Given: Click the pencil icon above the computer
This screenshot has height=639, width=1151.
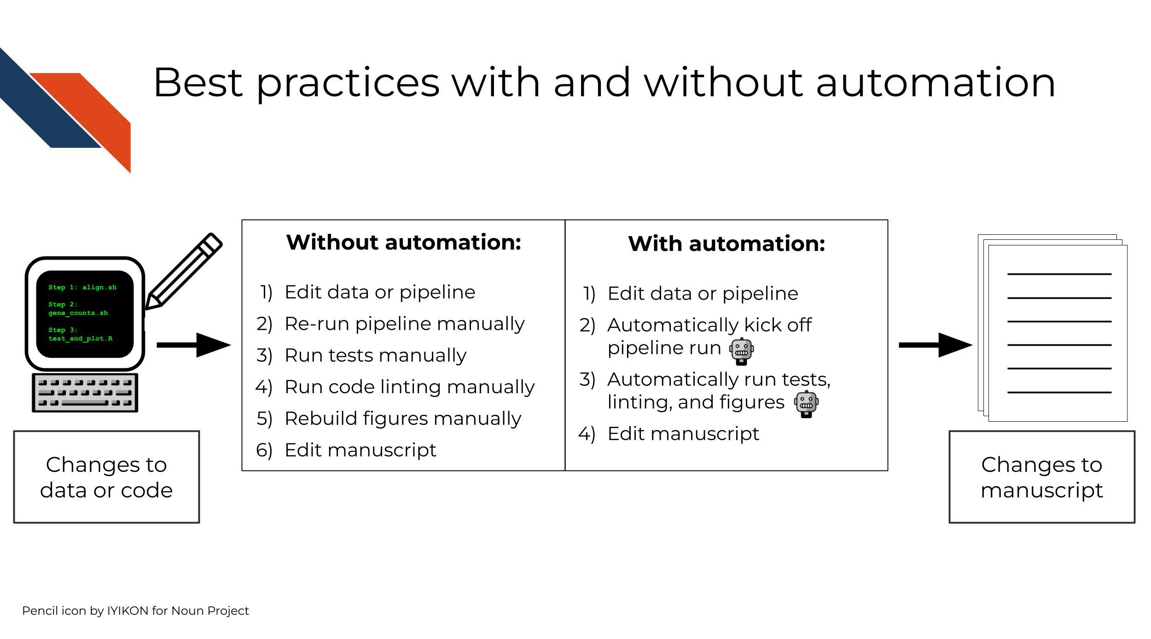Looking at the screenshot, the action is (x=184, y=271).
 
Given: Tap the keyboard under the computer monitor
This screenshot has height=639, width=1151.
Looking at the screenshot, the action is (x=85, y=393).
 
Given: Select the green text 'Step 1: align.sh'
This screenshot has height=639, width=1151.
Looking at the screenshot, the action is (x=82, y=287).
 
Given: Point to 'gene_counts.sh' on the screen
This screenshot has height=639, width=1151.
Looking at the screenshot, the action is (x=78, y=313).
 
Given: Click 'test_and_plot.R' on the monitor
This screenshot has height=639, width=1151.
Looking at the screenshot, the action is (x=81, y=338).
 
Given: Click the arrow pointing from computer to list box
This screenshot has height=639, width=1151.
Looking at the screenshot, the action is (x=193, y=345).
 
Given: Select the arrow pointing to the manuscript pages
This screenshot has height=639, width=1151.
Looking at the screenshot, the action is (x=936, y=345).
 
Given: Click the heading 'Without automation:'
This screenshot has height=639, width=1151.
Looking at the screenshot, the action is (x=404, y=242).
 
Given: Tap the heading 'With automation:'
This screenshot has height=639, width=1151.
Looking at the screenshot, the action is (x=727, y=244).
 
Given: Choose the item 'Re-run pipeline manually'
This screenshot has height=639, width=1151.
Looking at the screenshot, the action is (x=405, y=324).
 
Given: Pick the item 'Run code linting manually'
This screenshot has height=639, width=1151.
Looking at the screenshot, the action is (x=410, y=387).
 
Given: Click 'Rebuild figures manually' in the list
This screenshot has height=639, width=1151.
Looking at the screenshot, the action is (x=403, y=418).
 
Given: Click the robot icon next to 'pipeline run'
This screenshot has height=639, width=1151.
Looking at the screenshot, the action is (x=741, y=351).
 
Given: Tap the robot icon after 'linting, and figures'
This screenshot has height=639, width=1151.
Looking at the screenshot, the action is (x=806, y=404).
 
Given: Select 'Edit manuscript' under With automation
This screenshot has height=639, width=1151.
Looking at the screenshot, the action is (x=683, y=434).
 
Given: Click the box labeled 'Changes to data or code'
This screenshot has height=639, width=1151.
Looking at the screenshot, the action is (x=106, y=477).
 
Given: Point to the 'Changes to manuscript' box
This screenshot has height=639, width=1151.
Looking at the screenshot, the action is (x=1042, y=477).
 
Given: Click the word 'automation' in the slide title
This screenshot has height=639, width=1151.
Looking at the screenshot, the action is (x=936, y=83).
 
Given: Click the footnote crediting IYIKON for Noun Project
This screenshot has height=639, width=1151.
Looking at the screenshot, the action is (x=135, y=610).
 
